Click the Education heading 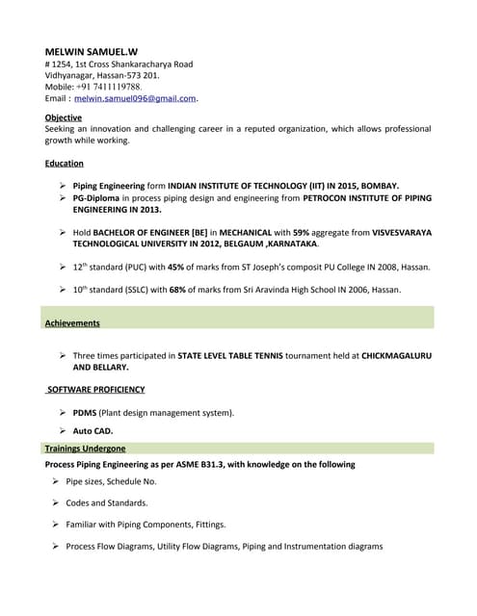click(65, 164)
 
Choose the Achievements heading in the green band click(72, 323)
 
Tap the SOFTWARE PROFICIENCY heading click(96, 390)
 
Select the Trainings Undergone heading click(85, 449)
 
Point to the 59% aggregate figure click(302, 233)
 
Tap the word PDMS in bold click(85, 413)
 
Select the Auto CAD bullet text click(93, 431)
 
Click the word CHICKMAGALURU click(397, 356)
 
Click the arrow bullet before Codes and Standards click(55, 502)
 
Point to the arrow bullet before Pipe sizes click(55, 480)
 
